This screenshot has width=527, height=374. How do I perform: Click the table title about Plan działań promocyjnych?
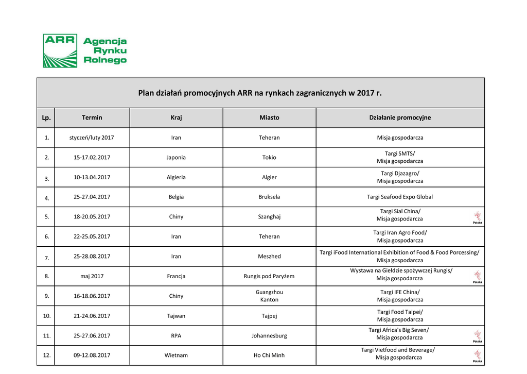(x=260, y=93)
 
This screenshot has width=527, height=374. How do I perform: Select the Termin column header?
(x=92, y=117)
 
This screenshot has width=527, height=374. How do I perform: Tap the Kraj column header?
(x=176, y=117)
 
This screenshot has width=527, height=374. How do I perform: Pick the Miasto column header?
(x=269, y=117)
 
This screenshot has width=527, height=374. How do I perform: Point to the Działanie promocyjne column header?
(x=400, y=117)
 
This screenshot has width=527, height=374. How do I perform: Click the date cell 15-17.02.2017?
(x=92, y=158)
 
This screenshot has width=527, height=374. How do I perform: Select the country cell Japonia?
(x=176, y=158)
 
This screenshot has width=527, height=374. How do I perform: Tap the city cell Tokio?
(x=269, y=158)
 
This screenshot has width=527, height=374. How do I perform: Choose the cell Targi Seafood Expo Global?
(x=400, y=197)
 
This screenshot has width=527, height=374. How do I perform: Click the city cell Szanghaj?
(x=269, y=217)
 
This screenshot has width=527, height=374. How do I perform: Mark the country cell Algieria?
(x=176, y=177)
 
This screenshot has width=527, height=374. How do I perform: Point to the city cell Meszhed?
(x=269, y=257)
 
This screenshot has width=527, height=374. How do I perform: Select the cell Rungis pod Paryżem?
(x=269, y=276)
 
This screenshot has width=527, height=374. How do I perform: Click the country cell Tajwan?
(x=176, y=316)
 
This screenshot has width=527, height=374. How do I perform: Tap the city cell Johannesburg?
(x=269, y=336)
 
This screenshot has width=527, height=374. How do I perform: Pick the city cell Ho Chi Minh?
(x=269, y=355)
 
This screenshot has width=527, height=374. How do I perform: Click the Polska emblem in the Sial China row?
(x=478, y=217)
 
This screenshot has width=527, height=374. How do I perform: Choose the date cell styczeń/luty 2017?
(x=92, y=138)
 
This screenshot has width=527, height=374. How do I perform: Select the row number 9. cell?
(x=46, y=296)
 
